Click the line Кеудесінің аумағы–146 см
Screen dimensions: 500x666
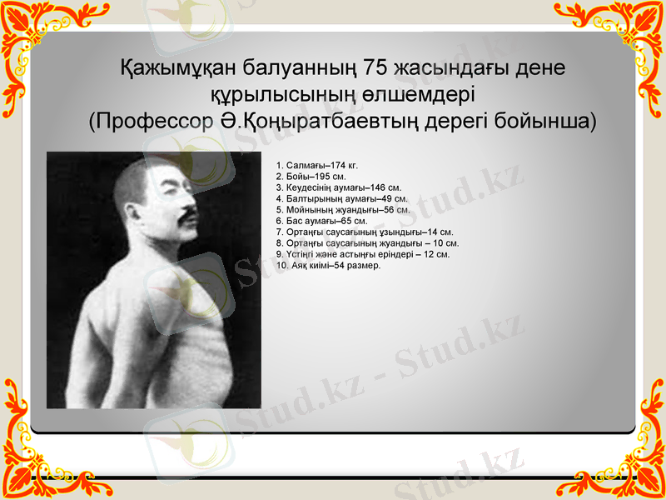click(338, 188)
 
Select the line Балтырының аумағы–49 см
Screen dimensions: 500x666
click(341, 199)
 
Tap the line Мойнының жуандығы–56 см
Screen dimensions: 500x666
click(342, 210)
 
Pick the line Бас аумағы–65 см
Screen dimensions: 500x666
click(321, 221)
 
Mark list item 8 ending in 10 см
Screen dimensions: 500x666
click(366, 243)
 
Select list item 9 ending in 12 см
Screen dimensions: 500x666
click(362, 254)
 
